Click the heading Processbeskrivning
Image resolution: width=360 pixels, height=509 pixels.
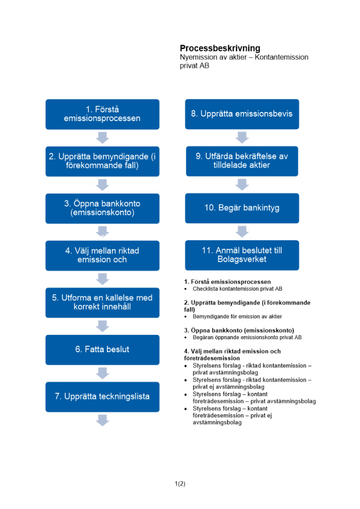pyautogui.click(x=220, y=48)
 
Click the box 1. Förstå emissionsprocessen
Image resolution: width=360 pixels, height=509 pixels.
pyautogui.click(x=102, y=114)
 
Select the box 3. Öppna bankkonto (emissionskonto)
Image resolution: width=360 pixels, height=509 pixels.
pyautogui.click(x=102, y=208)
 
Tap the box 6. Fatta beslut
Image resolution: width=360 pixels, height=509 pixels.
pyautogui.click(x=102, y=349)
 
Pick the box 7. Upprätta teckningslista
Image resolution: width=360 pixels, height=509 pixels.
pyautogui.click(x=102, y=397)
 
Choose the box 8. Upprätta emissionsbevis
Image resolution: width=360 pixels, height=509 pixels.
pyautogui.click(x=242, y=114)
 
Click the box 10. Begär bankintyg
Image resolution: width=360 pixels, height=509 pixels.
pyautogui.click(x=242, y=208)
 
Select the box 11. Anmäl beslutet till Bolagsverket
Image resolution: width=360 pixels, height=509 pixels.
pyautogui.click(x=242, y=255)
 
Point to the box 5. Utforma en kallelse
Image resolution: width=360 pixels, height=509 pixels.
pyautogui.click(x=102, y=302)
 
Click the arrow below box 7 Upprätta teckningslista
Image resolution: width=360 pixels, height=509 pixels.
pyautogui.click(x=103, y=420)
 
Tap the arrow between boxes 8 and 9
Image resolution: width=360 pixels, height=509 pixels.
pyautogui.click(x=242, y=137)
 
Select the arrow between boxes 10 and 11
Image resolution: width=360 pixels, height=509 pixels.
pyautogui.click(x=242, y=232)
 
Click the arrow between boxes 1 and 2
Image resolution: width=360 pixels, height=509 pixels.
pyautogui.click(x=103, y=137)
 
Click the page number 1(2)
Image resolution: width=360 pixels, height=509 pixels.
pyautogui.click(x=180, y=484)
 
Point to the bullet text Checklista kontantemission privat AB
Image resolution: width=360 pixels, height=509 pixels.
pyautogui.click(x=237, y=289)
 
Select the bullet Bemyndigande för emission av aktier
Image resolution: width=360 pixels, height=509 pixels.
pyautogui.click(x=237, y=317)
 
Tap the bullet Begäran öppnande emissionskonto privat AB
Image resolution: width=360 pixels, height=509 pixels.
pyautogui.click(x=247, y=337)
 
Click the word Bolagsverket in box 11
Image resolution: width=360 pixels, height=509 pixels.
pyautogui.click(x=242, y=260)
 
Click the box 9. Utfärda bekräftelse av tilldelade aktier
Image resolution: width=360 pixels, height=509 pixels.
pyautogui.click(x=242, y=161)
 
